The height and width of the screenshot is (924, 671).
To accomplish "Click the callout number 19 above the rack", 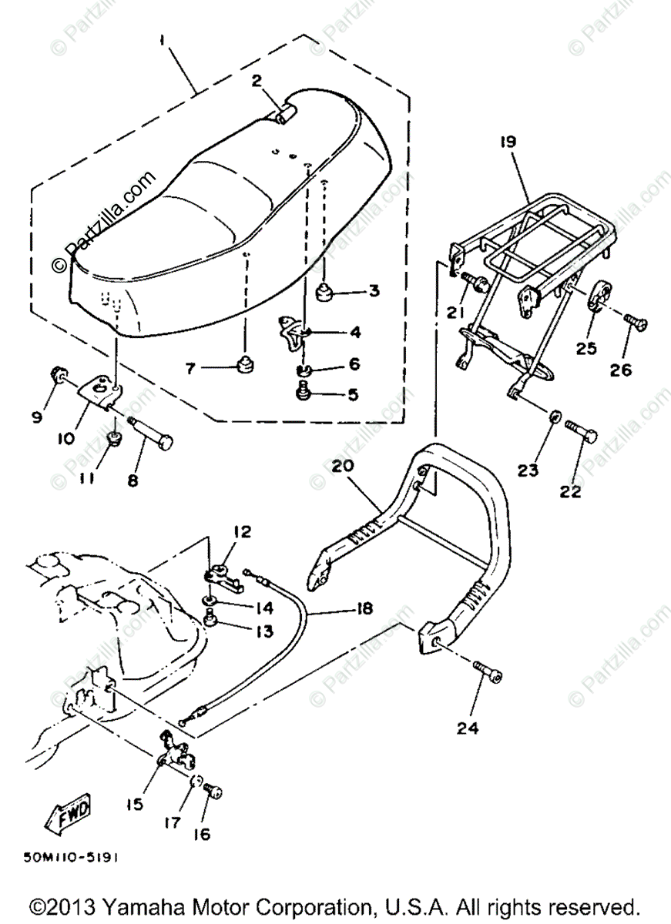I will tap(508, 142).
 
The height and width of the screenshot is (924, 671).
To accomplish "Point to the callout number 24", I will tap(468, 727).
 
